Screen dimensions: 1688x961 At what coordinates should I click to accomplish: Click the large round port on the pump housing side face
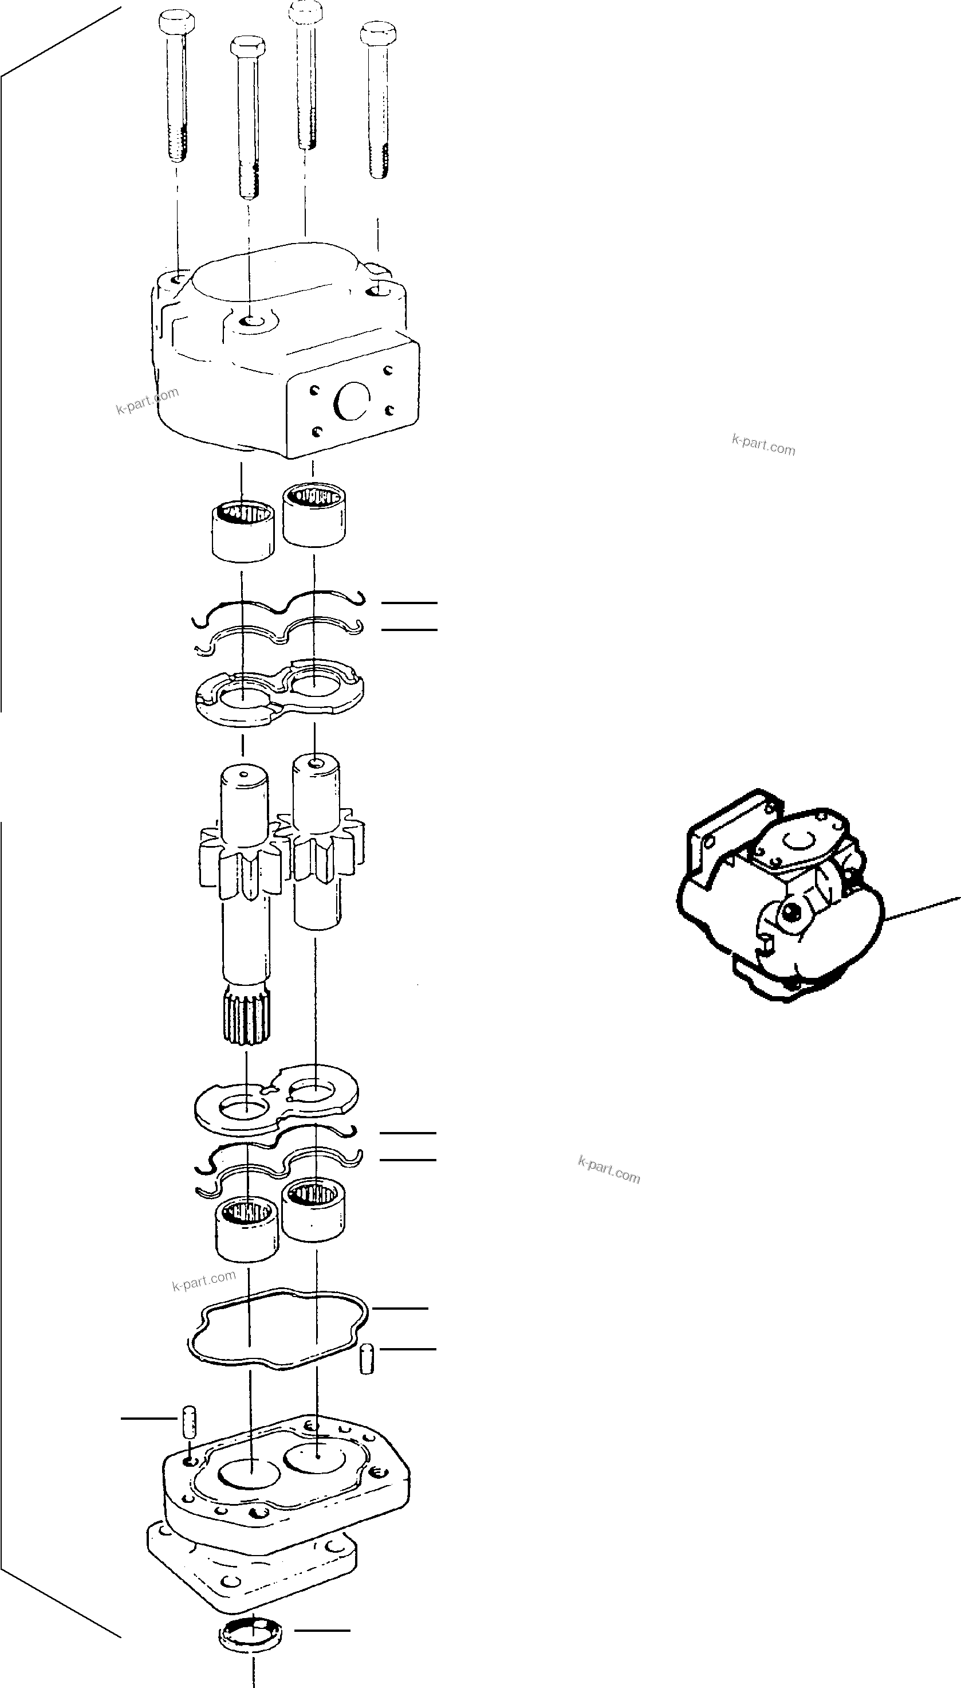pos(351,400)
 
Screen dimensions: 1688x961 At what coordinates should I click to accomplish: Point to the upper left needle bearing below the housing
pos(243,531)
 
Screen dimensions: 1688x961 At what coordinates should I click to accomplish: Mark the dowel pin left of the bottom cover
pos(189,1420)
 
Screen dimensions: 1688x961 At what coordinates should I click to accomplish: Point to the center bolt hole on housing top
pos(251,322)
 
